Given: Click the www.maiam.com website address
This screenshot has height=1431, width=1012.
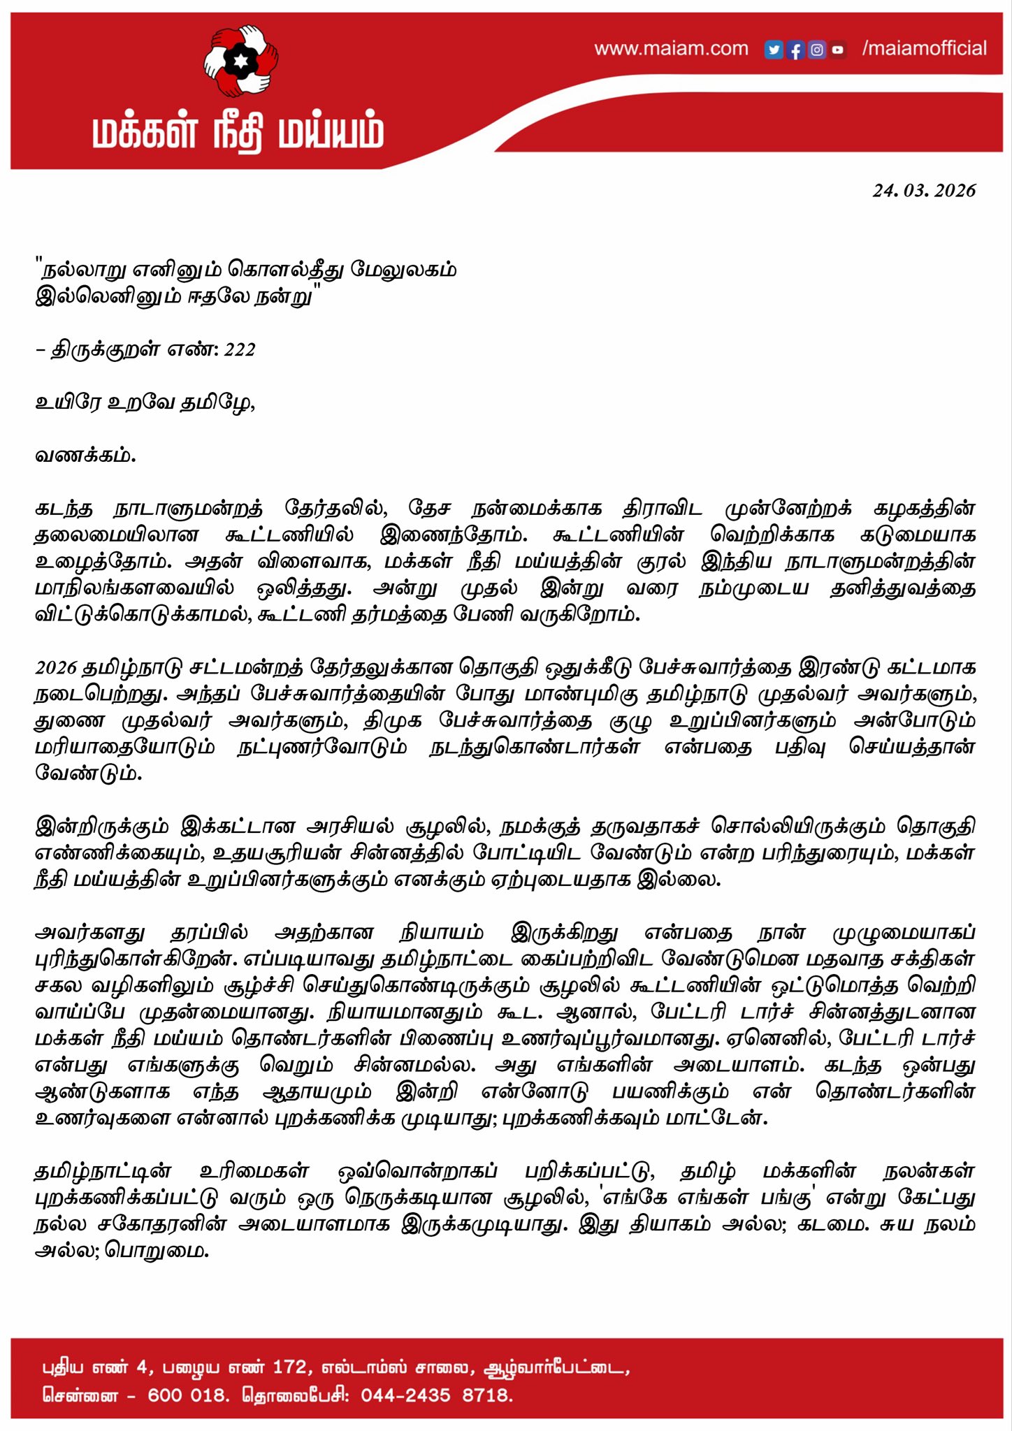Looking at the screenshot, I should coord(671,49).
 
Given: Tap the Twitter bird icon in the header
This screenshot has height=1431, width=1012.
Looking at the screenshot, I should coord(773,50).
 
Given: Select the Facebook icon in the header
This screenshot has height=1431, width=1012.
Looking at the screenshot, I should coord(795,50).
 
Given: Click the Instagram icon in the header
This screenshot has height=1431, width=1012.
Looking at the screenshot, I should coord(816,50).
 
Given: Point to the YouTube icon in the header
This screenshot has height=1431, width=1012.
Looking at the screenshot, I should coord(838,50).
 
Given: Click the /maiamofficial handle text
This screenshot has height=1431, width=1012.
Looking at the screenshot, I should coord(924,48).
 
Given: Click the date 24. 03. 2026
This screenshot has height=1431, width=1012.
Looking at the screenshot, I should coord(923,191).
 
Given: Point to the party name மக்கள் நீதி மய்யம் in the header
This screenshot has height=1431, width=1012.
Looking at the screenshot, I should coord(238,133).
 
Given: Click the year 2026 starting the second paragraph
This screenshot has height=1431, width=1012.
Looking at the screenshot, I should coord(56,668).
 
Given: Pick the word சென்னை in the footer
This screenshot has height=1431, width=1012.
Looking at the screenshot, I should coord(80,1395).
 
